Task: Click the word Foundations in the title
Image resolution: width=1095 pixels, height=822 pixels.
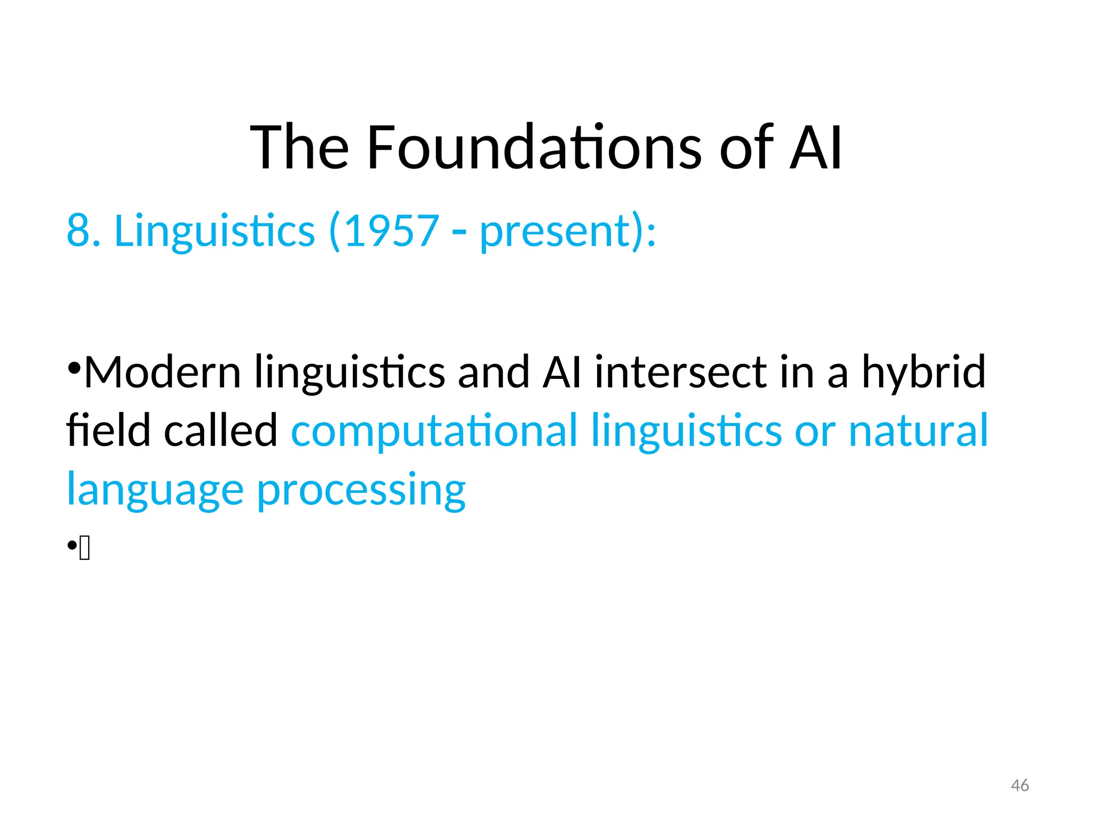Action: [x=534, y=147]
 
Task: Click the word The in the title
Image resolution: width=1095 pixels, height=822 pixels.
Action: [x=300, y=147]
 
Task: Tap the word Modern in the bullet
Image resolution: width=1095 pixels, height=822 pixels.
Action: [x=163, y=372]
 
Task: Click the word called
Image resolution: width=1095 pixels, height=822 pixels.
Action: [x=221, y=430]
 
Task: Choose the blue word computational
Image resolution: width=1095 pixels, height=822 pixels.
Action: [x=434, y=431]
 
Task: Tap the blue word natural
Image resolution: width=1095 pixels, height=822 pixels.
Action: [x=918, y=430]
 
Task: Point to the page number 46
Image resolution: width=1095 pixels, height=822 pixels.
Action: [x=1020, y=786]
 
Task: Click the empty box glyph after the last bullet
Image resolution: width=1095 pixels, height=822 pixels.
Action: [x=84, y=549]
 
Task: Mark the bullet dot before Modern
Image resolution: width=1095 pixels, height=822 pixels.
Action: [x=74, y=368]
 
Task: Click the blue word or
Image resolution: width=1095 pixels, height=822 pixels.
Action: [x=815, y=431]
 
